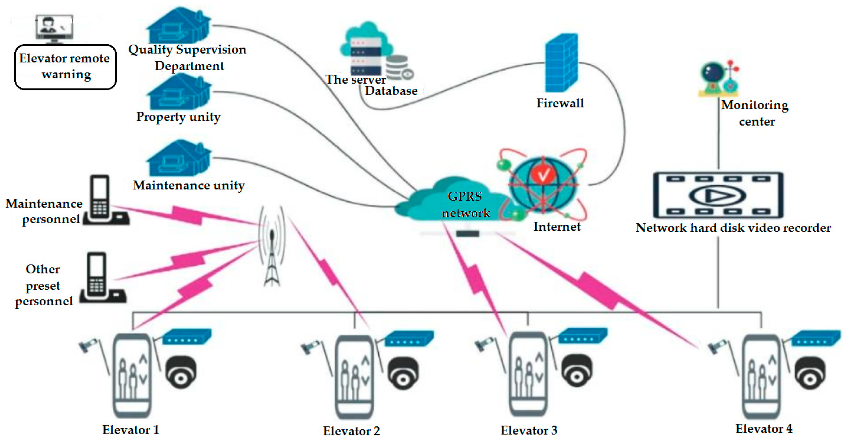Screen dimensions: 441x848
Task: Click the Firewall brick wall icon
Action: [x=561, y=63]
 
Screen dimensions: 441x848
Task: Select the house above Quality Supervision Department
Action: [x=179, y=26]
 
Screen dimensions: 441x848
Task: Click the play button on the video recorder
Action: [x=718, y=196]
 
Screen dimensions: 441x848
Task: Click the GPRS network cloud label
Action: [x=465, y=204]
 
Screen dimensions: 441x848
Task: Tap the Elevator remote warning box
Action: [x=65, y=67]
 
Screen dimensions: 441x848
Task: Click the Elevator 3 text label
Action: [x=529, y=430]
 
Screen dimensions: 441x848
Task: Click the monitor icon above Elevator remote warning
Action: [x=54, y=28]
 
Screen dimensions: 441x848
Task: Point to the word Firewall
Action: [x=560, y=103]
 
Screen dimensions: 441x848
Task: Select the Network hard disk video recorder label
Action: [x=733, y=228]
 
